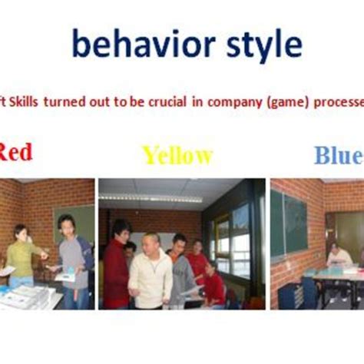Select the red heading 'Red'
tap(15, 152)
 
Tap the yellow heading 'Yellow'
tap(177, 156)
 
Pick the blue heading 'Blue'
tap(338, 156)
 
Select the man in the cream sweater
tap(151, 273)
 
